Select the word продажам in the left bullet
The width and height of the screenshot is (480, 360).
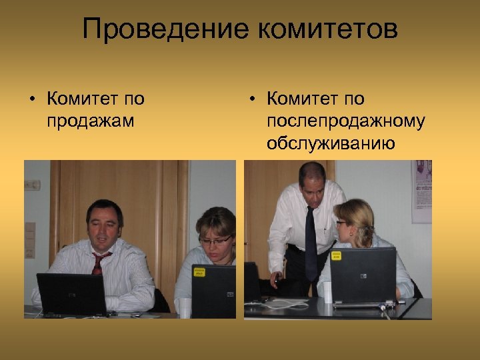point(91,121)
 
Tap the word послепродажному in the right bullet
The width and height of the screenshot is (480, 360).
point(345,121)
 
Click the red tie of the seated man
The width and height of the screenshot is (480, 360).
point(99,263)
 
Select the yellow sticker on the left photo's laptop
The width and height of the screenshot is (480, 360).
point(199,271)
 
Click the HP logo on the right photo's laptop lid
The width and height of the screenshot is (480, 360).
point(364,275)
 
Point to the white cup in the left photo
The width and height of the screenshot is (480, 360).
point(184,307)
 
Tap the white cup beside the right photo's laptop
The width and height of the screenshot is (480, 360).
point(327,291)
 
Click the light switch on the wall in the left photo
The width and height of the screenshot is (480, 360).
point(29,233)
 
